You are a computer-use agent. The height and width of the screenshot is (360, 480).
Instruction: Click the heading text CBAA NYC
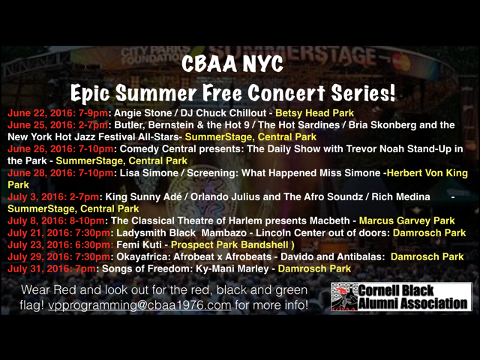pyautogui.click(x=232, y=64)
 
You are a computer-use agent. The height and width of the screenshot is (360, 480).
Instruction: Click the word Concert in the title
pyautogui.click(x=286, y=93)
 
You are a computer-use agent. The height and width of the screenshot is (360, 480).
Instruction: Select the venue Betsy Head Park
pyautogui.click(x=315, y=113)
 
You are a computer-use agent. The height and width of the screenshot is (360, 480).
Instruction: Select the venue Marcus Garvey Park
pyautogui.click(x=406, y=220)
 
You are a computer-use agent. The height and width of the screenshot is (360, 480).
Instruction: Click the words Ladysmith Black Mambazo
pyautogui.click(x=181, y=232)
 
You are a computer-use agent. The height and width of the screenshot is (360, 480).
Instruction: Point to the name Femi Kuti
pyautogui.click(x=139, y=245)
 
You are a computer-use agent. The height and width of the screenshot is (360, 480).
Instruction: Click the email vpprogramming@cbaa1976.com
pyautogui.click(x=139, y=305)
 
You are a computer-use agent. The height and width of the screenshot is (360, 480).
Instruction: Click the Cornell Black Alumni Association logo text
pyautogui.click(x=412, y=297)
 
